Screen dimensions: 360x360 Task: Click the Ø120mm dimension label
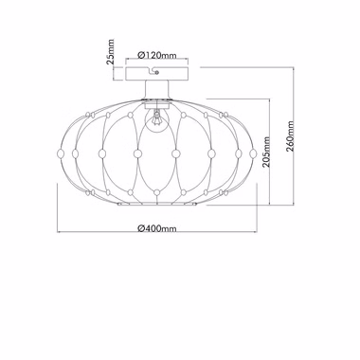(157, 55)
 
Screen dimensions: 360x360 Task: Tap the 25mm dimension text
(110, 52)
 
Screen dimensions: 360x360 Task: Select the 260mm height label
(290, 136)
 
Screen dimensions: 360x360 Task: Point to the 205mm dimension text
(266, 152)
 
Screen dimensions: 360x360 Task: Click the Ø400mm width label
(157, 228)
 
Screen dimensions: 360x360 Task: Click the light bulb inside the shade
(156, 120)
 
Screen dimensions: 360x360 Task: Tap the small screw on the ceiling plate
(157, 73)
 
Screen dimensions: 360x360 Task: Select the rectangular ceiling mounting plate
(157, 74)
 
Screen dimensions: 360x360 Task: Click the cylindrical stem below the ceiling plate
(157, 89)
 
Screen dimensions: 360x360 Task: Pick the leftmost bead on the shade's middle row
(61, 153)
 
